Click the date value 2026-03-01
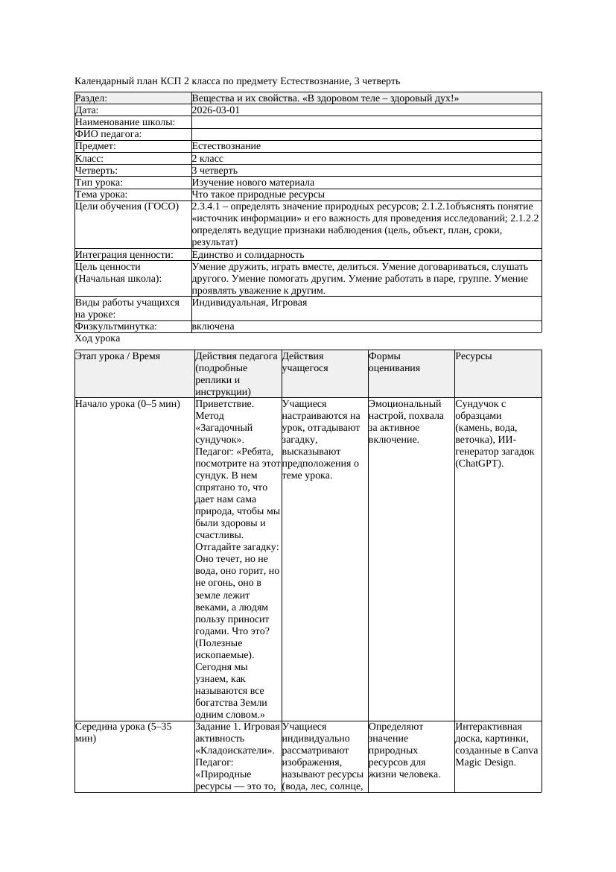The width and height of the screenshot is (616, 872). pyautogui.click(x=216, y=110)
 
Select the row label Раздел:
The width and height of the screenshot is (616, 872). pyautogui.click(x=92, y=98)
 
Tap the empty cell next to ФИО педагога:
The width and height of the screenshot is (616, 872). pyautogui.click(x=365, y=134)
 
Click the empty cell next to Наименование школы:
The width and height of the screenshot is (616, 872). pyautogui.click(x=365, y=122)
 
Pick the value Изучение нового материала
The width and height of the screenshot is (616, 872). pyautogui.click(x=253, y=182)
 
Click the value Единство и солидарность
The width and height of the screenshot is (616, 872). pyautogui.click(x=248, y=255)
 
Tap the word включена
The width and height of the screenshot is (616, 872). pyautogui.click(x=213, y=326)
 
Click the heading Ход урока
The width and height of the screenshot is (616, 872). pyautogui.click(x=98, y=338)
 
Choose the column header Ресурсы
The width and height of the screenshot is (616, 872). pyautogui.click(x=474, y=356)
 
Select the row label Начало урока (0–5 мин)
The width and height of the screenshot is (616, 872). pyautogui.click(x=127, y=404)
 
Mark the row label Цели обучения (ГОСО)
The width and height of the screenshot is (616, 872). pyautogui.click(x=127, y=206)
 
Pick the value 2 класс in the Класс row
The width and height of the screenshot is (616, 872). pyautogui.click(x=208, y=158)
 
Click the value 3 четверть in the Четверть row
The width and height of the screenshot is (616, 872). pyautogui.click(x=215, y=170)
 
